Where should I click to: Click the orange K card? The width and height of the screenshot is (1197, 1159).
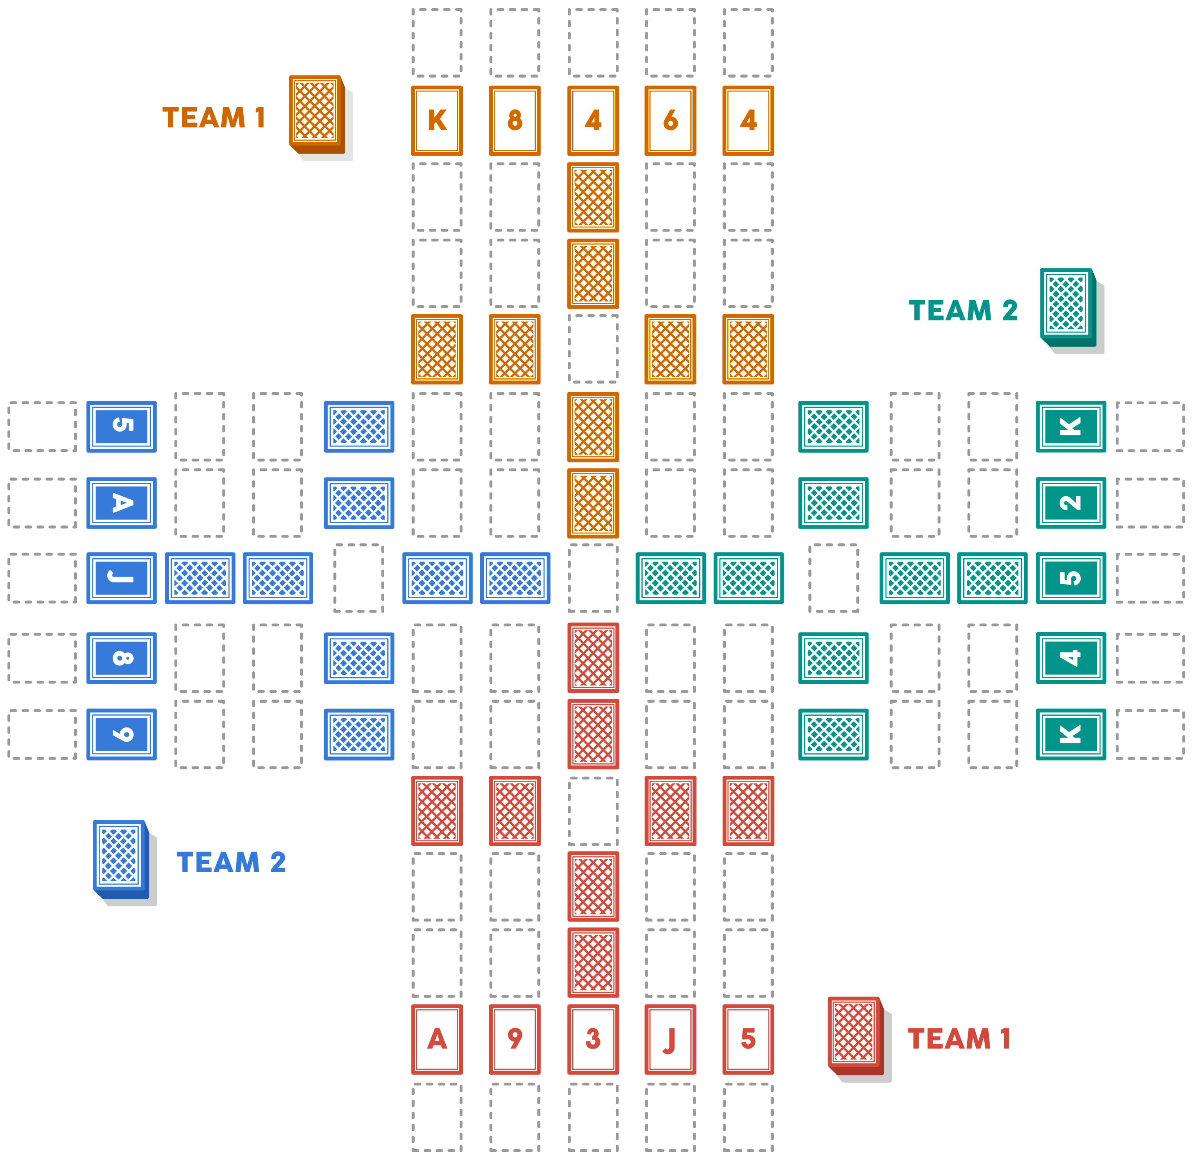point(437,120)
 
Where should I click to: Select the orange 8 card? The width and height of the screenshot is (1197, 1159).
point(515,120)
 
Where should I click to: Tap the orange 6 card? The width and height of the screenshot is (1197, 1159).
point(671,120)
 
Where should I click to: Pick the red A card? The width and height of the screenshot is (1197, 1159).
point(437,1039)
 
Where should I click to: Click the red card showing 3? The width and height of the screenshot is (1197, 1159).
point(593,1039)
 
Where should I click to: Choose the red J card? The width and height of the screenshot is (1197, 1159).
point(671,1039)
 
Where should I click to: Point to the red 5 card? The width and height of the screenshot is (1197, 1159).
point(748,1039)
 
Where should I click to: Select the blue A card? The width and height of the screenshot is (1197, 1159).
point(122,503)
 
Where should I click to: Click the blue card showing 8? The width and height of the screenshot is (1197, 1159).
point(122,658)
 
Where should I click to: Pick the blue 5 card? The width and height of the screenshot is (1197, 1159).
point(122,426)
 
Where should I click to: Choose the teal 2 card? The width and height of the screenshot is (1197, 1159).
point(1070,503)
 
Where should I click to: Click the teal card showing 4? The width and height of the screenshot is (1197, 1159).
point(1070,658)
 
